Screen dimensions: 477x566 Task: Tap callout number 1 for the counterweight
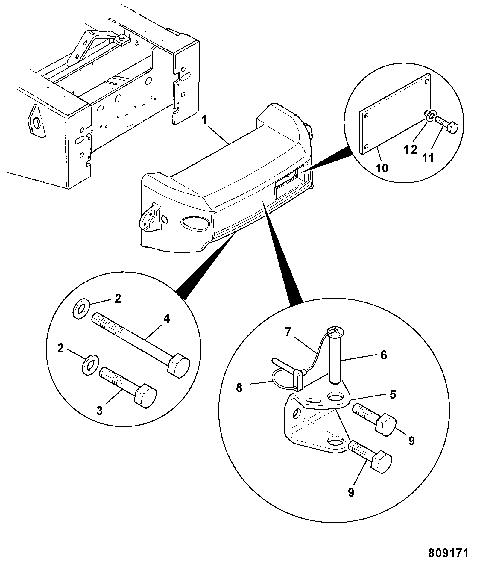[205, 121]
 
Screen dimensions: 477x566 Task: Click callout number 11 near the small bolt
[428, 158]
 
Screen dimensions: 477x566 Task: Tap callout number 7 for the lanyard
[288, 332]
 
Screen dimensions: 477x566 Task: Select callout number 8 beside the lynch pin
[239, 388]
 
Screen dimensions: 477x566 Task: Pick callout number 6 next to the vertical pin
[383, 355]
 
